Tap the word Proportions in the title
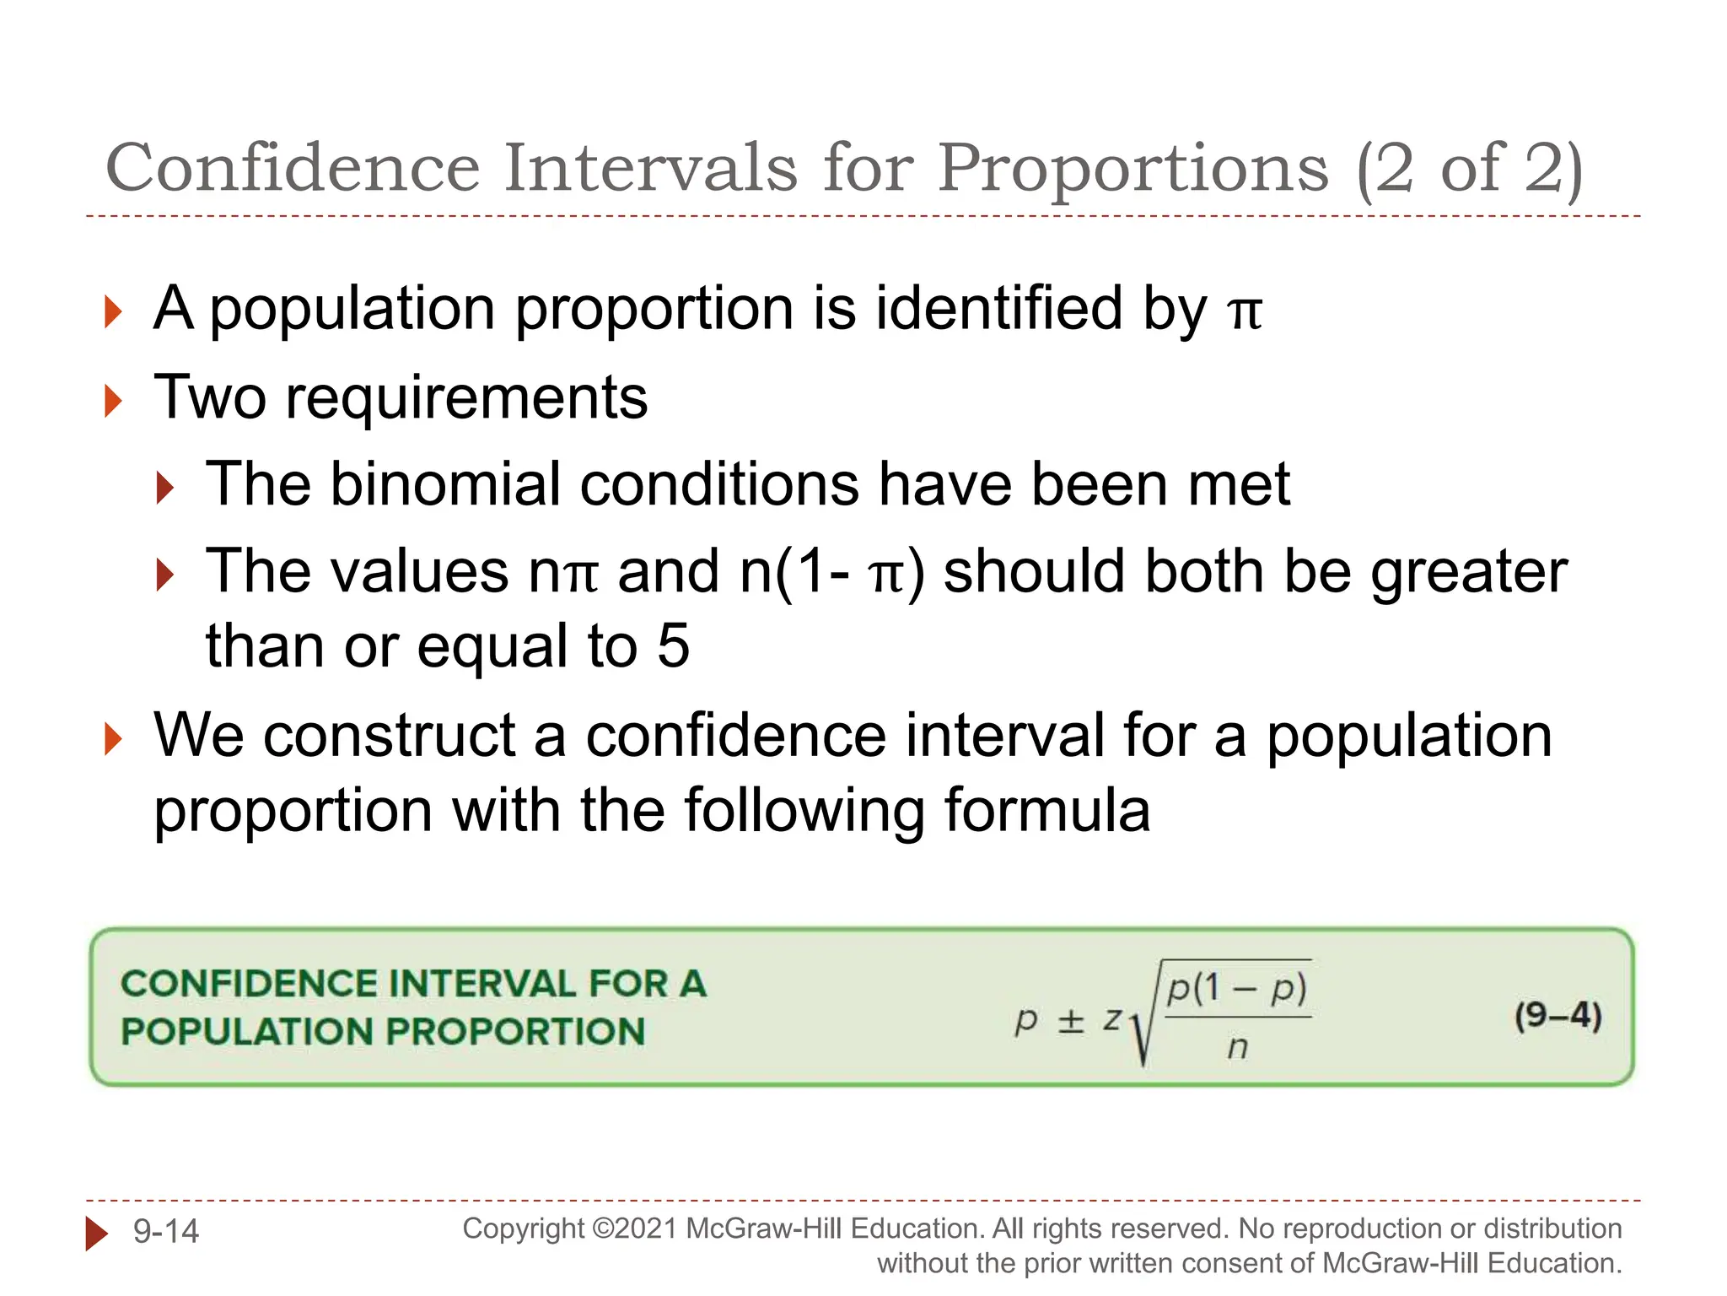pos(1133,170)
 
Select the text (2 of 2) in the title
pos(1470,170)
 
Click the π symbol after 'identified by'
pos(1245,310)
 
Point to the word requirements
pos(466,398)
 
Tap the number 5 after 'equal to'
pos(673,646)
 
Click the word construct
pos(390,736)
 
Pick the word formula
pos(1046,810)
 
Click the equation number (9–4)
pos(1557,1016)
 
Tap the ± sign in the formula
pos(1070,1021)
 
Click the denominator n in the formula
pos(1237,1047)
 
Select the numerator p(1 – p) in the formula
pos(1236,988)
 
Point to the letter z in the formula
pos(1112,1019)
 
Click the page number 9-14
pos(166,1232)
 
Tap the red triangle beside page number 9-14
pos(96,1234)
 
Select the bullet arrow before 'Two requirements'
pos(112,401)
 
